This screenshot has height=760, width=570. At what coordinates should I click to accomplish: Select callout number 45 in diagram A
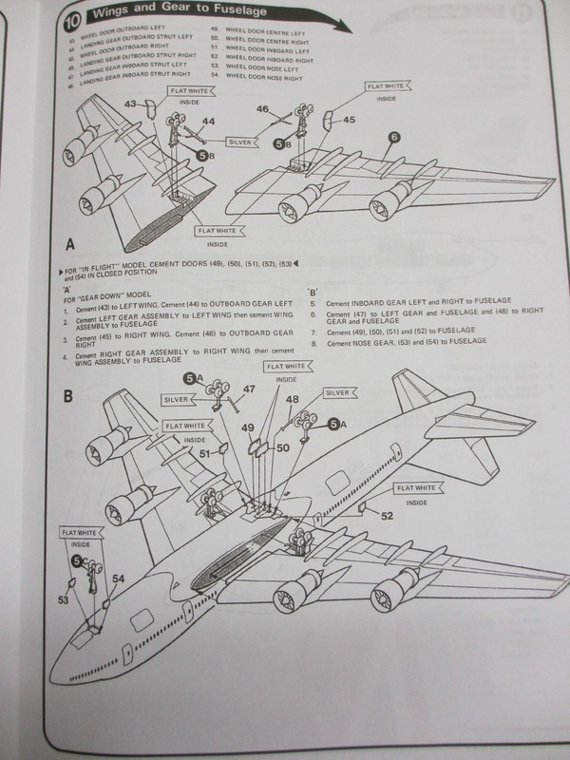350,121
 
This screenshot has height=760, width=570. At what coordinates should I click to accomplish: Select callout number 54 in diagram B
119,578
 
